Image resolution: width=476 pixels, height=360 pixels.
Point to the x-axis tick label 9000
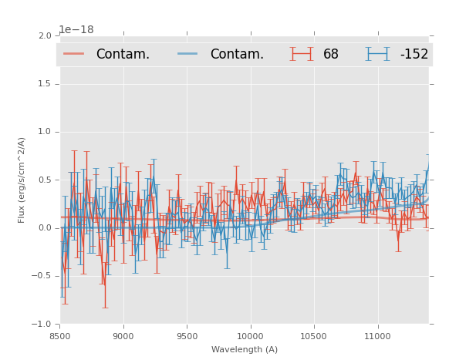click(123, 336)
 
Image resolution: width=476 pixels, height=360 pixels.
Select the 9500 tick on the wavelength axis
click(187, 336)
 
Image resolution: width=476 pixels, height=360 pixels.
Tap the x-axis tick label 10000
click(250, 336)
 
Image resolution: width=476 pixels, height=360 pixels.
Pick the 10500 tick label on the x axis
click(314, 336)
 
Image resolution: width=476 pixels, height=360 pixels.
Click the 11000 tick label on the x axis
click(377, 336)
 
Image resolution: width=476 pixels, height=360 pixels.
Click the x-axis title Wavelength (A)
click(245, 350)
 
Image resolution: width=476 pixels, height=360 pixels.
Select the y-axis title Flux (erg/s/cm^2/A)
click(22, 180)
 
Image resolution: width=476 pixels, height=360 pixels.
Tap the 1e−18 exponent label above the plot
click(76, 29)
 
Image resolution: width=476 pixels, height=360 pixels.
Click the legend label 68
click(331, 54)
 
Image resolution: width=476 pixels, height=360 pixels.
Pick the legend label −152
click(414, 54)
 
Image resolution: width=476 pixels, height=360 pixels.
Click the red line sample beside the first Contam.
click(74, 54)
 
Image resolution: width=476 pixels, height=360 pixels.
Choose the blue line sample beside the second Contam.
click(187, 54)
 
